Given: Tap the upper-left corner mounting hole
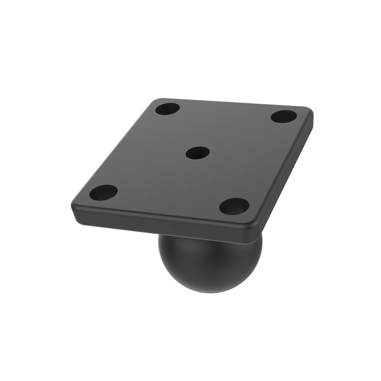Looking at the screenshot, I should pyautogui.click(x=168, y=109).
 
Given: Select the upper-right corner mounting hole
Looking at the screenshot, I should pyautogui.click(x=284, y=116).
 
